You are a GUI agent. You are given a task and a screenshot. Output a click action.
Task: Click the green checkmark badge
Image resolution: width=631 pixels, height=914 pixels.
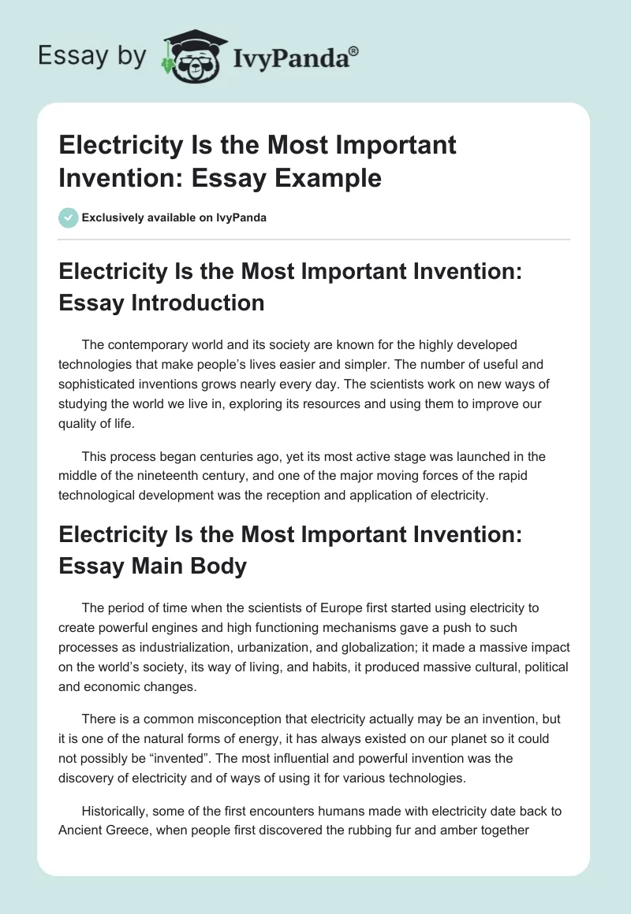[x=68, y=217]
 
